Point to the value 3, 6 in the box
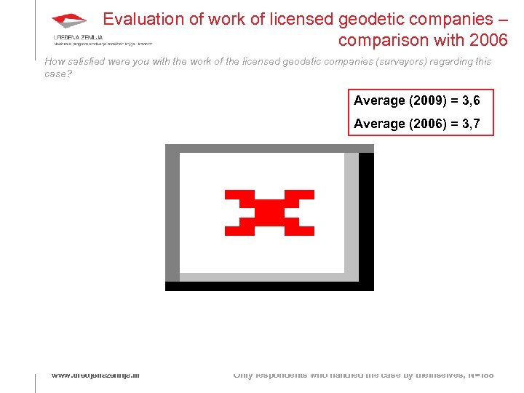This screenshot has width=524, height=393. [466, 100]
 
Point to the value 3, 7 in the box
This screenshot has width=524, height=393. [466, 124]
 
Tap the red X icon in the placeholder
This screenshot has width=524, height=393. [269, 213]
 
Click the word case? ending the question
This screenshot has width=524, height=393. [58, 74]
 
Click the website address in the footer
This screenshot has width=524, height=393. [95, 375]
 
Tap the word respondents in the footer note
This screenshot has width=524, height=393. [285, 375]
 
